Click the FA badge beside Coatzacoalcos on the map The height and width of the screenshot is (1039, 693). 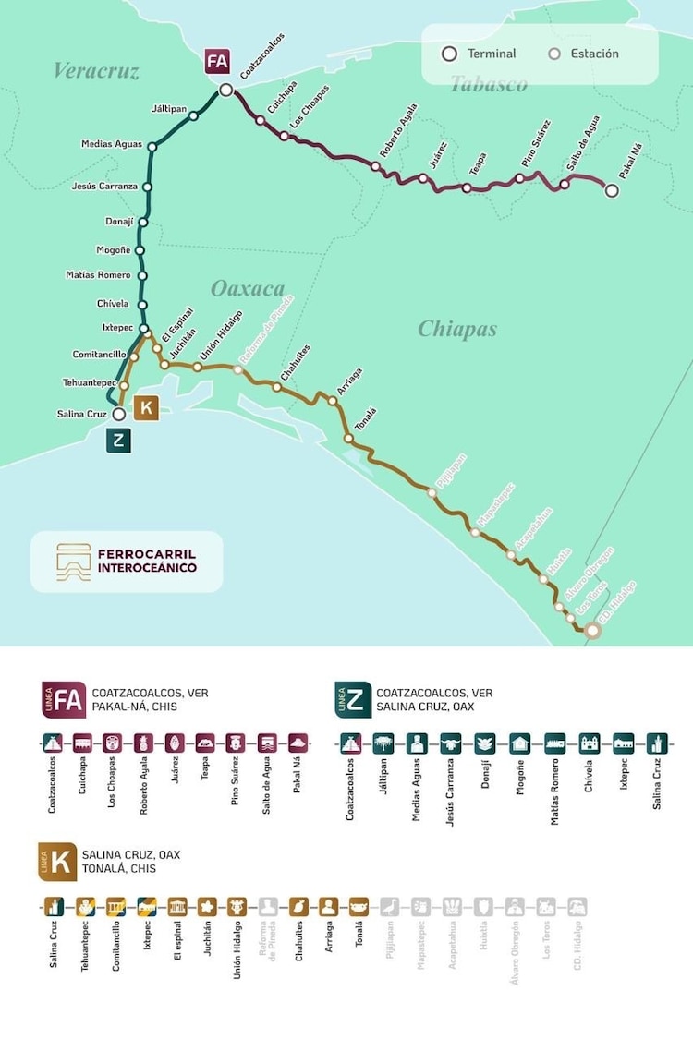click(217, 63)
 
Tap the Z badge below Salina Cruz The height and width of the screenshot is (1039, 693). click(118, 441)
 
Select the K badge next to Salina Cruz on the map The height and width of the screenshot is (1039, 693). click(146, 408)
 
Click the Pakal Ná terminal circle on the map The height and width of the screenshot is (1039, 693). click(612, 191)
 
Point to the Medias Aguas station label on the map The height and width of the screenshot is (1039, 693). click(111, 144)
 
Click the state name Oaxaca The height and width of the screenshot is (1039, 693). click(248, 289)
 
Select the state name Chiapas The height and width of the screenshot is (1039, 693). click(457, 329)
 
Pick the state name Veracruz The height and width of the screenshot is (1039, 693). click(96, 71)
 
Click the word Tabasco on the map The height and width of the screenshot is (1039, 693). click(488, 85)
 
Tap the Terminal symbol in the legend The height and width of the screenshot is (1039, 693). click(450, 54)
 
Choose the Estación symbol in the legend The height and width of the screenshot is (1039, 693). click(554, 54)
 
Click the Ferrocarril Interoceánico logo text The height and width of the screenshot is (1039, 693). click(147, 562)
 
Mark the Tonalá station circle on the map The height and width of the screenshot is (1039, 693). click(349, 439)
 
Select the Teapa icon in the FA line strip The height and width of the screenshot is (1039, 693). click(205, 743)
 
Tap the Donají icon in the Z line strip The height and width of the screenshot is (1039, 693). click(484, 743)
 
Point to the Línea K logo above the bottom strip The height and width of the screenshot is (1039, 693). click(56, 862)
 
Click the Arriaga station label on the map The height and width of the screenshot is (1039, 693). click(349, 382)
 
